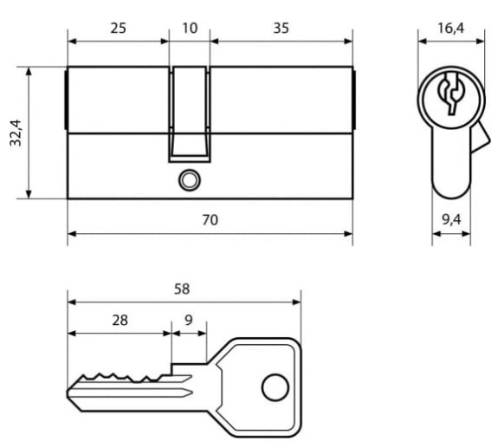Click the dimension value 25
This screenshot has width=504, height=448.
coord(119,29)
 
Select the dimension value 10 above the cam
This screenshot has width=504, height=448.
coord(190,29)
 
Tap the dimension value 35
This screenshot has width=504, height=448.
coord(281,29)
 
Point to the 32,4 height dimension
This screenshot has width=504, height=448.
coord(16,133)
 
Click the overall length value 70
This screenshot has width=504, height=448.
coord(210,220)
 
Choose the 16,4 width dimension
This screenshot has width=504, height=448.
coord(451,29)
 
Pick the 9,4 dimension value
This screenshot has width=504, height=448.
coord(451,219)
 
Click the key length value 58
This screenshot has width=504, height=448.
coord(182,289)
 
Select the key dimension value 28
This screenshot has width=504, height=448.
coord(120,321)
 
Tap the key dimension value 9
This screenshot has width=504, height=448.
coord(189,320)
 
